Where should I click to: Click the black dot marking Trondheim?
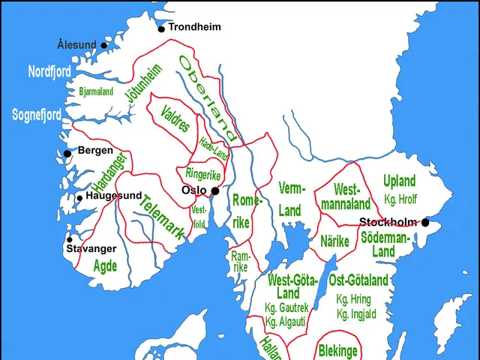(x=161, y=29)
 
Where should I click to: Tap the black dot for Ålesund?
(x=104, y=45)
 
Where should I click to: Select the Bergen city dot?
(x=67, y=153)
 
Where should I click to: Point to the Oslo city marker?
(x=215, y=190)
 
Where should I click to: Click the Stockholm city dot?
(x=425, y=222)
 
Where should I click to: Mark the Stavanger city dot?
(x=70, y=240)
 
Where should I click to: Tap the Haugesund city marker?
(x=79, y=198)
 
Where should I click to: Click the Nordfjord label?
(x=49, y=72)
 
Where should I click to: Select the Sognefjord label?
(x=37, y=115)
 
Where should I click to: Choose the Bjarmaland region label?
(x=96, y=91)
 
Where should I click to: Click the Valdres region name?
(x=175, y=118)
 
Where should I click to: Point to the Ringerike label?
(x=202, y=173)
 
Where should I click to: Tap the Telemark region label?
(x=162, y=217)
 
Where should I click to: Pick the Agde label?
(x=105, y=265)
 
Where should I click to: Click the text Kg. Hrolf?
(x=400, y=199)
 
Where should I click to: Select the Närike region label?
(x=335, y=241)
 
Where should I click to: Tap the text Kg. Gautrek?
(x=286, y=307)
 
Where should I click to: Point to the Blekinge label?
(x=337, y=350)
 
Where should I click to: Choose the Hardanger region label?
(x=108, y=170)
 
